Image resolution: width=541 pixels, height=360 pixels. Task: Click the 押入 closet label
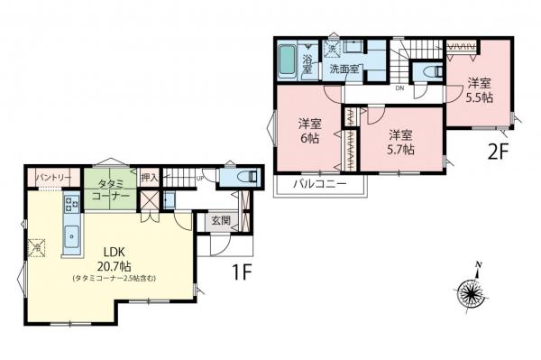point(151,179)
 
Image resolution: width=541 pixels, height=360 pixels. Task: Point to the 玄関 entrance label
point(221,220)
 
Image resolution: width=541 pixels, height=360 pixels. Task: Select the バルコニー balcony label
point(320,186)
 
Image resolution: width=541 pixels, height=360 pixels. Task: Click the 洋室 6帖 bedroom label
point(309,131)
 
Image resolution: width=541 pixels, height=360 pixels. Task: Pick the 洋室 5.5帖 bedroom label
point(479,90)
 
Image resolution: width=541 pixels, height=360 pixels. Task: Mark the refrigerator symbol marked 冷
point(38,244)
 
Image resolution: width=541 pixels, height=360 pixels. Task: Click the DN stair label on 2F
point(398,88)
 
